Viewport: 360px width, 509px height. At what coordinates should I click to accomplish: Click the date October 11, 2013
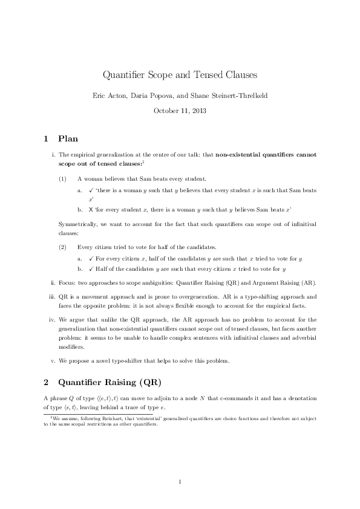pyautogui.click(x=180, y=111)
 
